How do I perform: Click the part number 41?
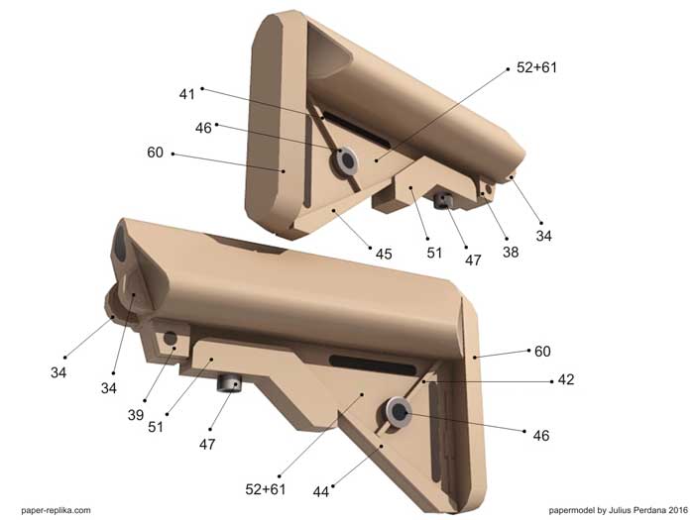pyautogui.click(x=186, y=94)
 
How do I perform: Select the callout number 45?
pyautogui.click(x=384, y=254)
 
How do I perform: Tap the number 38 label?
pyautogui.click(x=511, y=252)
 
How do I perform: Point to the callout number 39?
pyautogui.click(x=136, y=415)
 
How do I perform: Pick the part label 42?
pyautogui.click(x=566, y=379)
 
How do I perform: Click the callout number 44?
pyautogui.click(x=321, y=491)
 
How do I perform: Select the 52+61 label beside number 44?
pyautogui.click(x=266, y=489)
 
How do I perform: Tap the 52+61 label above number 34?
pyautogui.click(x=537, y=67)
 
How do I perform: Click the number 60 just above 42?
pyautogui.click(x=542, y=352)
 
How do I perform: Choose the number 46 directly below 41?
pyautogui.click(x=203, y=128)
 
